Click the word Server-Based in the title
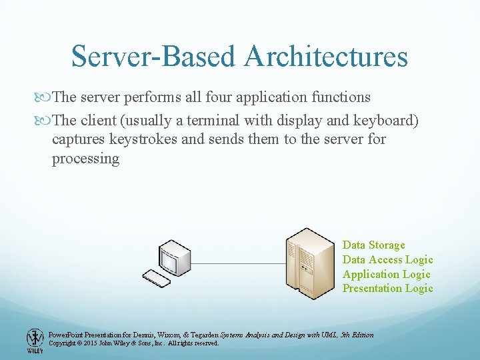154,57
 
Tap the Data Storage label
373,245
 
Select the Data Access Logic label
387,260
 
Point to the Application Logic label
386,274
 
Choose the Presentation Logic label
387,289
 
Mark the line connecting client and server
237,263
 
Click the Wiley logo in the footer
35,340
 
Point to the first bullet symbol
45,97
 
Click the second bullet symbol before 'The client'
45,120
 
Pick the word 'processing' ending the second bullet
85,159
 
